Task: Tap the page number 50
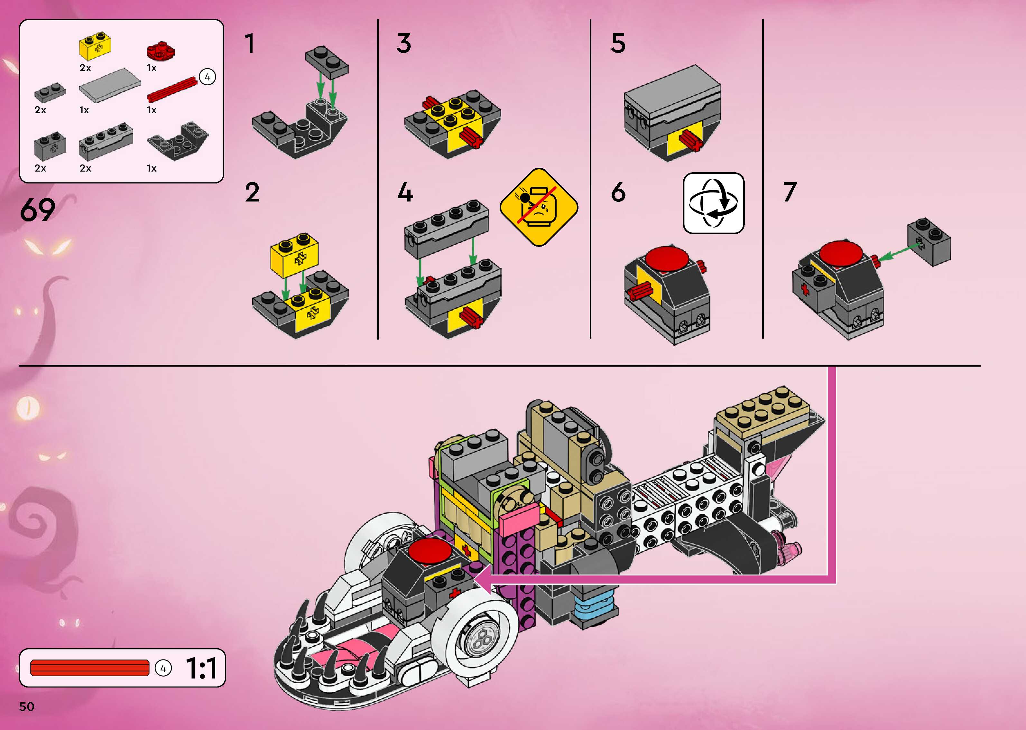point(26,706)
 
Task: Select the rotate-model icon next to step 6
point(713,203)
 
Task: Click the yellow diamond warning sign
point(539,207)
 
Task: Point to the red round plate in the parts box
point(160,51)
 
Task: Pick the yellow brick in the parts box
point(95,47)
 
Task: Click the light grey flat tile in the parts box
point(110,85)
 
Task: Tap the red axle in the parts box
point(172,90)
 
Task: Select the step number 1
point(250,44)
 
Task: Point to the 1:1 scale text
point(201,669)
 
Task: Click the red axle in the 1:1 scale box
point(90,668)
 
